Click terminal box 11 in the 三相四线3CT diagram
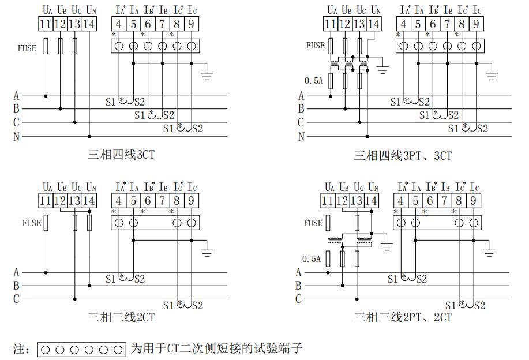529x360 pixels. (46, 24)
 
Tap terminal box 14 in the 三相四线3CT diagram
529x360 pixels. (89, 24)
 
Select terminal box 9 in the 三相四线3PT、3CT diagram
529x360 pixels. (476, 24)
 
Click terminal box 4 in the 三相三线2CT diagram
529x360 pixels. (118, 200)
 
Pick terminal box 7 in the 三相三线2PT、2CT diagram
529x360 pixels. (444, 200)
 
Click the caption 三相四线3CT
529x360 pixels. (121, 155)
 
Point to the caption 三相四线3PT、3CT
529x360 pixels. (403, 155)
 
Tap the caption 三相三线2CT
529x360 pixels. (121, 317)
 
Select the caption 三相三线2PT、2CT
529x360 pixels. (403, 317)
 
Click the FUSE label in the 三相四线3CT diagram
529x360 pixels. (27, 48)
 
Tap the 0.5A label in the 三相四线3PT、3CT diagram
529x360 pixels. (313, 81)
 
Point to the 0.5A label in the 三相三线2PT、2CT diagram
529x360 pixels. (312, 259)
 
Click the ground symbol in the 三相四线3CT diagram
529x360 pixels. (207, 74)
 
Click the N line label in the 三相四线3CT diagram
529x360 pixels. (16, 137)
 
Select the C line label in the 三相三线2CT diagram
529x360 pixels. (16, 299)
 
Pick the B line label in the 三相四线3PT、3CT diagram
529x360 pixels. (301, 108)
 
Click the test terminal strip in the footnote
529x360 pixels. (81, 349)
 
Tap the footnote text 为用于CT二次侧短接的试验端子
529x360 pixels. (216, 348)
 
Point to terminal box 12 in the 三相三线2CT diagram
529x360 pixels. (61, 200)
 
